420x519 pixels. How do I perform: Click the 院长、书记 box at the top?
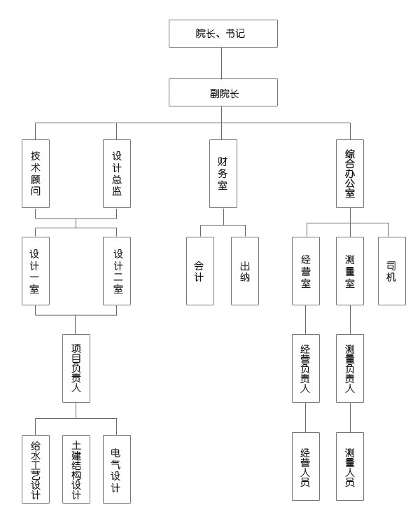223,34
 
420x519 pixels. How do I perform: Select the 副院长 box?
223,92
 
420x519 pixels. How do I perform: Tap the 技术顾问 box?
36,173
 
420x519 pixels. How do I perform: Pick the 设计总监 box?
117,173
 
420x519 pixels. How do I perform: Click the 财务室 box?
223,173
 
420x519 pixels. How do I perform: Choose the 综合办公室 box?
350,173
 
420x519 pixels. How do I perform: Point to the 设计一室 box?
36,270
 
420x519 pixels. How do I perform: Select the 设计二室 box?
117,270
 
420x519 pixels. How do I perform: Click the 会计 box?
200,270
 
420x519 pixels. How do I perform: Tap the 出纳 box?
245,270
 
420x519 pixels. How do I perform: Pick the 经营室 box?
306,270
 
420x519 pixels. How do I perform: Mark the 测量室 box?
350,270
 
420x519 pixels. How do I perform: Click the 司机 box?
392,270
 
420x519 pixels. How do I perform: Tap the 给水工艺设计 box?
36,469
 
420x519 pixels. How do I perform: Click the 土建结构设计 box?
76,469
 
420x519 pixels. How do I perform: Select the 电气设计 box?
117,469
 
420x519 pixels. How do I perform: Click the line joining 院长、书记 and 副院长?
223,63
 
